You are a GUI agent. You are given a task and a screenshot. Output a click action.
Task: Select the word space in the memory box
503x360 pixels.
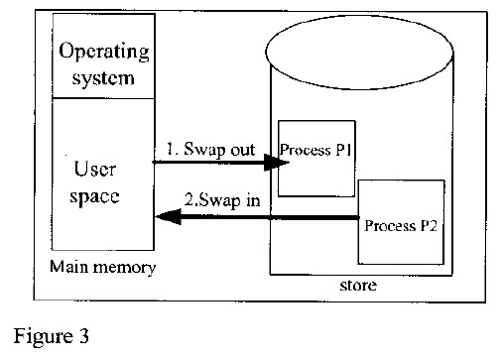(96, 196)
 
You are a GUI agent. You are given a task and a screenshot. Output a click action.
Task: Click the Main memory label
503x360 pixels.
(95, 267)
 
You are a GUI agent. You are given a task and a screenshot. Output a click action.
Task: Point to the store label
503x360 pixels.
(360, 287)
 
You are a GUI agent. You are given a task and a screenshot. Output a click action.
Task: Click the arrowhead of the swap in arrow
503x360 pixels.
(162, 217)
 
